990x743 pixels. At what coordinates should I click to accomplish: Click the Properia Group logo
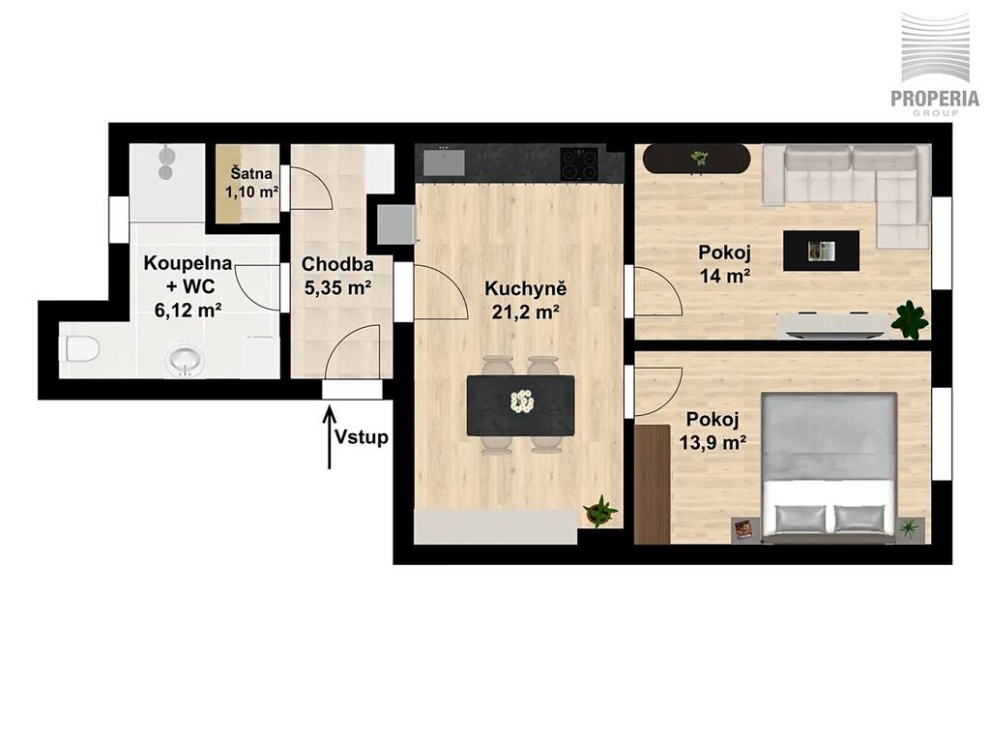[x=935, y=64]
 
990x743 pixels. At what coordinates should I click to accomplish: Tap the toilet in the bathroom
[x=82, y=348]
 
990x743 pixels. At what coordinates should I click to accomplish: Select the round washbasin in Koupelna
[x=185, y=360]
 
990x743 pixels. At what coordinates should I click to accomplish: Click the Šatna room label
[x=251, y=173]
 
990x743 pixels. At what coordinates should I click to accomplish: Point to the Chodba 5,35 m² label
[x=337, y=276]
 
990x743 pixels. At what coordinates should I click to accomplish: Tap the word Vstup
[x=362, y=437]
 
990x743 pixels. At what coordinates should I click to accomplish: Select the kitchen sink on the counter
[x=444, y=162]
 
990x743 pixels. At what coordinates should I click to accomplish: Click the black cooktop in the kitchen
[x=579, y=163]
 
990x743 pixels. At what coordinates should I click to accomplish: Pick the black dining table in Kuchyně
[x=521, y=405]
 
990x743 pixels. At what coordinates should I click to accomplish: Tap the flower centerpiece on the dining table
[x=521, y=401]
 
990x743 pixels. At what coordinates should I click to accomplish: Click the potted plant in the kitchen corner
[x=599, y=511]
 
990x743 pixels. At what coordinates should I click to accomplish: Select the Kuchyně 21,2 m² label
[x=525, y=300]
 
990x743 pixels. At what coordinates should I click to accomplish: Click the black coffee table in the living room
[x=821, y=251]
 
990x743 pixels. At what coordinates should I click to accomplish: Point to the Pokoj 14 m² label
[x=724, y=263]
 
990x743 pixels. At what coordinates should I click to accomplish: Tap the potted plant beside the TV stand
[x=910, y=319]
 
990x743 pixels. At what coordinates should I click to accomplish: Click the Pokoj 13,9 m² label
[x=713, y=431]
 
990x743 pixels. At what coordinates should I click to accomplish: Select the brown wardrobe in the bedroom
[x=653, y=484]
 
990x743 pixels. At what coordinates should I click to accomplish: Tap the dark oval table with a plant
[x=696, y=159]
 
